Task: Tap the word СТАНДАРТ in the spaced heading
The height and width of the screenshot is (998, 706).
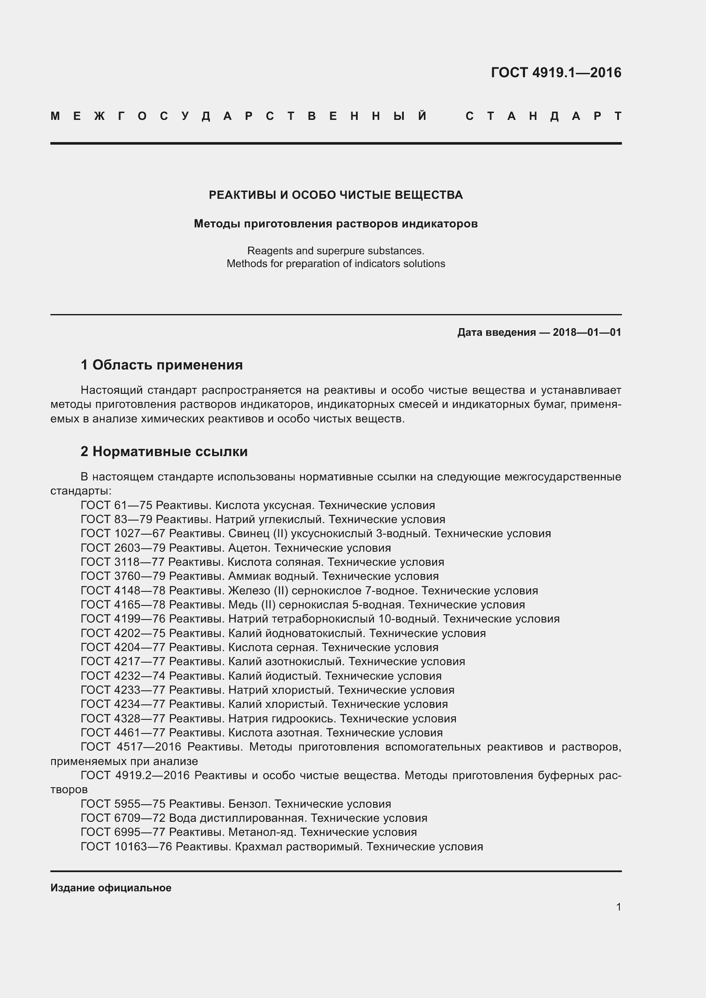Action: pos(543,116)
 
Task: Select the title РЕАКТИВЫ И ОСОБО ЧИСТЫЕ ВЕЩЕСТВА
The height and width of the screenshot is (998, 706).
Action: pos(335,195)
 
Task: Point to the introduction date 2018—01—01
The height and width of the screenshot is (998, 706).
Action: pos(586,332)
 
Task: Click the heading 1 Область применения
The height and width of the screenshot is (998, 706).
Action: pos(162,365)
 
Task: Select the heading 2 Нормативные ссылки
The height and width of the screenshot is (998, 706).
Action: pos(164,451)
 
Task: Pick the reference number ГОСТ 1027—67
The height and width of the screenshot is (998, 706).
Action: pos(123,534)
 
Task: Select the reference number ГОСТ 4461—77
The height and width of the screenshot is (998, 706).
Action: pos(123,733)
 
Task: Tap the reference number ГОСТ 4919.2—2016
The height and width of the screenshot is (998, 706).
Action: pos(135,775)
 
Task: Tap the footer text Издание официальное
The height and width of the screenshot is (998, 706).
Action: pos(111,888)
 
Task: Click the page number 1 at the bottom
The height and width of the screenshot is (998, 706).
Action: pos(618,907)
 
